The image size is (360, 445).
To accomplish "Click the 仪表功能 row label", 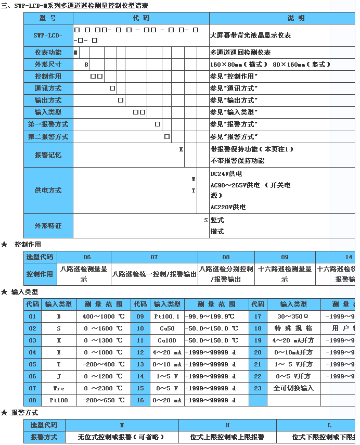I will point(48,53).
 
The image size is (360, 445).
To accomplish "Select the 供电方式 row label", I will point(48,190).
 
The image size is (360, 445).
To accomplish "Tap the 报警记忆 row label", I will point(48,155).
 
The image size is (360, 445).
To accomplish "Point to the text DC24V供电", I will point(226,174).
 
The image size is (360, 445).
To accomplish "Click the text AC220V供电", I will point(228,207).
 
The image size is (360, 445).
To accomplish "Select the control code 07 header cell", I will point(154,257).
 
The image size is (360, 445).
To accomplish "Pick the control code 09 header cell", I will point(285,257).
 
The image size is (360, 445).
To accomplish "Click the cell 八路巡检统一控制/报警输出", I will point(155,274).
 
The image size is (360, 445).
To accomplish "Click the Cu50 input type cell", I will point(166,328).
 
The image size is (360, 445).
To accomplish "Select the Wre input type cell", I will point(58,388).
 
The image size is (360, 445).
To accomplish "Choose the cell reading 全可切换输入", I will point(293,388).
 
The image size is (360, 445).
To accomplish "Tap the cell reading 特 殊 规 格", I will point(293,328).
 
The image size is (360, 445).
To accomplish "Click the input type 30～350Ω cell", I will point(293,316).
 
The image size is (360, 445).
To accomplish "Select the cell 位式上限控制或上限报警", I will point(227,437).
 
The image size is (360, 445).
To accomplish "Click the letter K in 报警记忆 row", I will point(181,149).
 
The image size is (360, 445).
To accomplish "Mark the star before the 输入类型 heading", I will point(5,292).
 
